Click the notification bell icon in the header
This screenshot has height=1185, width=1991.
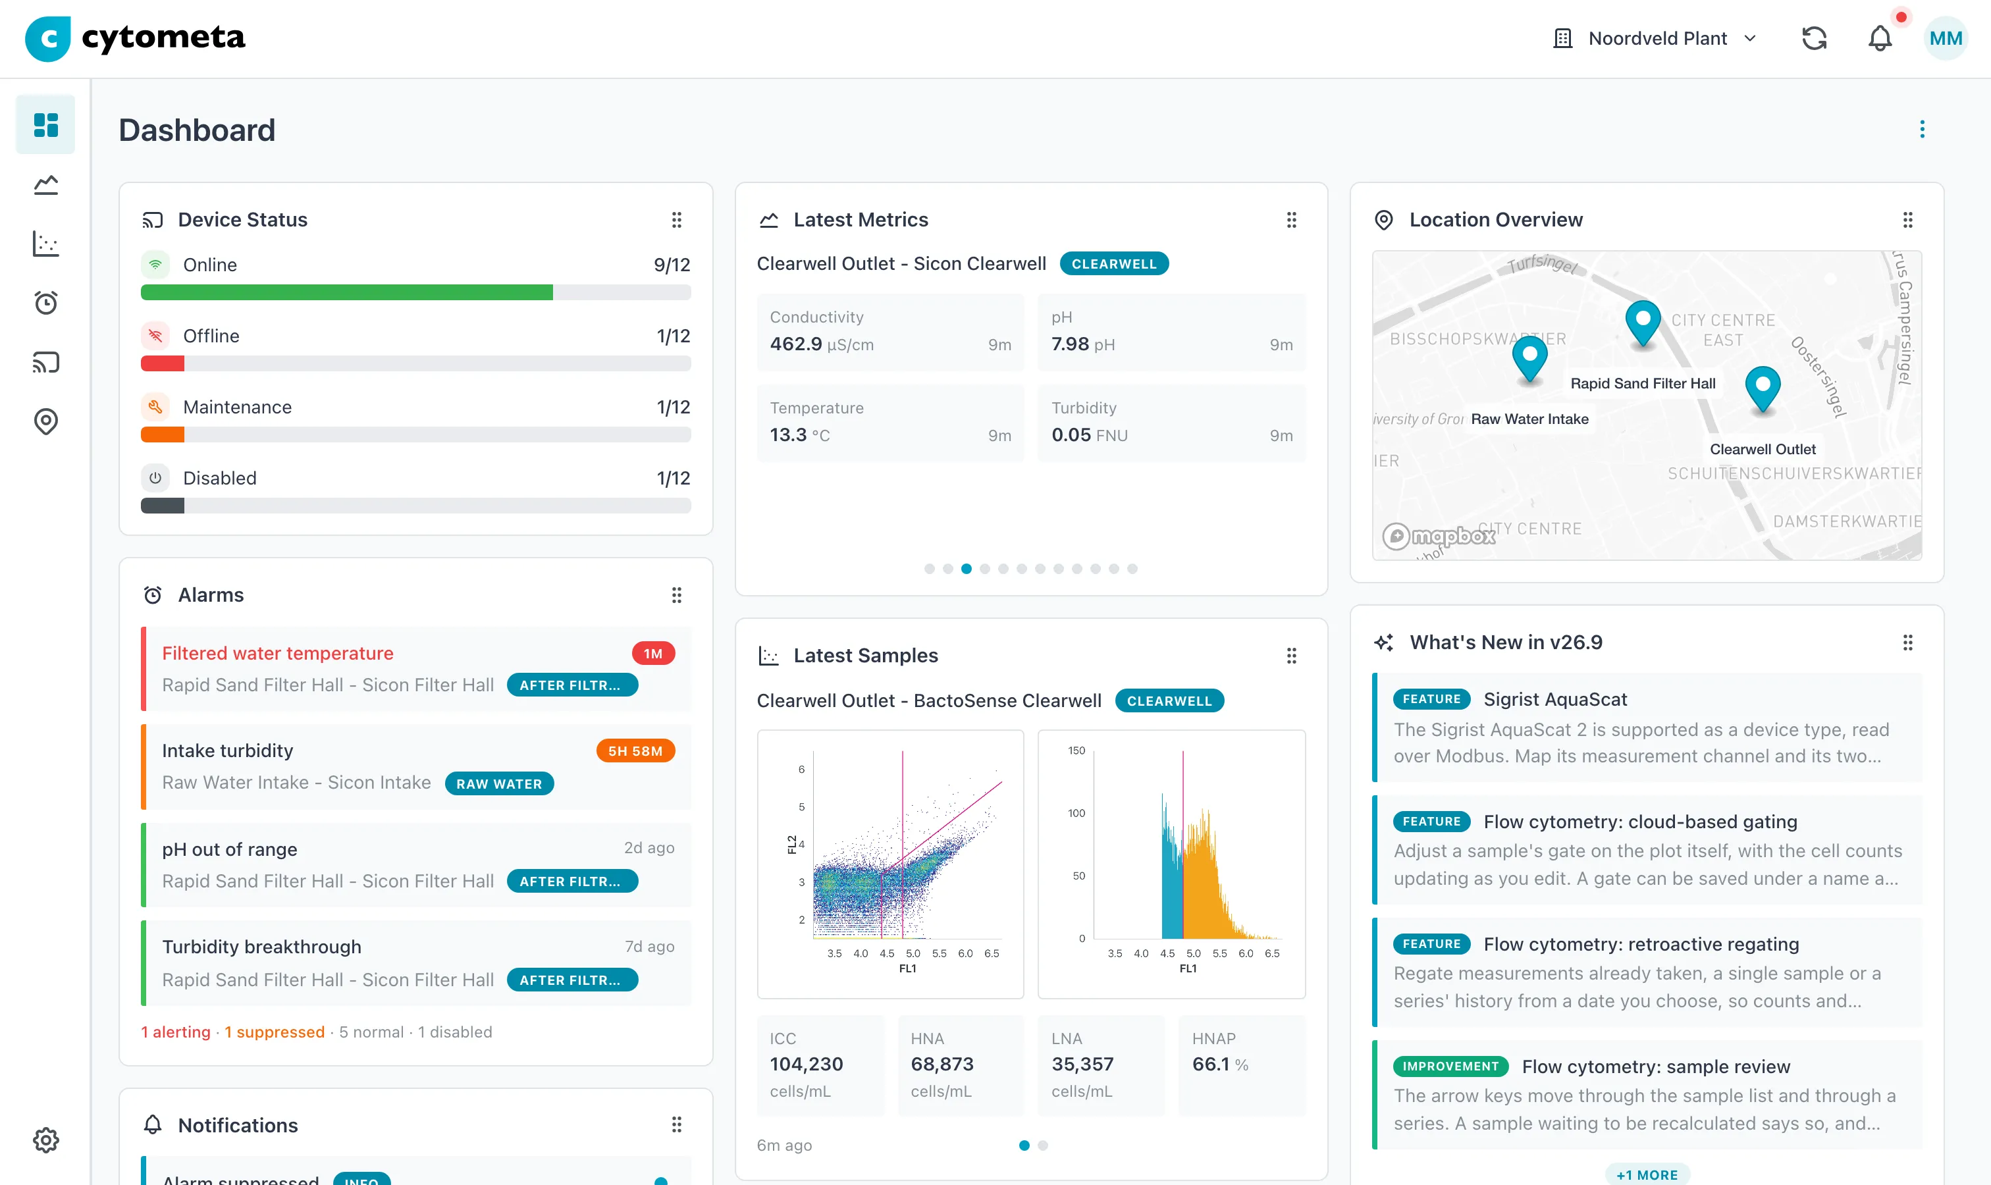click(1879, 38)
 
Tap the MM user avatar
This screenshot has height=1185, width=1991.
click(1946, 38)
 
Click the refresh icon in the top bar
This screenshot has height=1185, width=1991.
click(1815, 38)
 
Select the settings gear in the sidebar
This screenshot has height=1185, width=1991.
click(45, 1140)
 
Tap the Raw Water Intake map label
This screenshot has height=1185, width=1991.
click(1529, 419)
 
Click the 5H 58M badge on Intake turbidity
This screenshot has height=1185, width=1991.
click(635, 750)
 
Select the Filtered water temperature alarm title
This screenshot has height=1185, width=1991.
click(277, 653)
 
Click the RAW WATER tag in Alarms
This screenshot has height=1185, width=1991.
click(499, 783)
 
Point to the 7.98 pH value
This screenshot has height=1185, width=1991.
click(1083, 344)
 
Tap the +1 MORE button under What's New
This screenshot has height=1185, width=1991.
click(1647, 1174)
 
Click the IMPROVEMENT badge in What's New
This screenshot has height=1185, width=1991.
click(1450, 1066)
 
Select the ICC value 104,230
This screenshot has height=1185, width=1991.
click(806, 1064)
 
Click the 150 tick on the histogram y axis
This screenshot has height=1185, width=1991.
click(1076, 750)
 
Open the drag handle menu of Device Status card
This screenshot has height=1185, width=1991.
click(676, 220)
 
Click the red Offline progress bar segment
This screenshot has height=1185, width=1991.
click(162, 363)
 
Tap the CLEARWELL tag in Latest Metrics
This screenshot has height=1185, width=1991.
click(1114, 263)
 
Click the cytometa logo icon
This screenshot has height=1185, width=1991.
click(47, 38)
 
